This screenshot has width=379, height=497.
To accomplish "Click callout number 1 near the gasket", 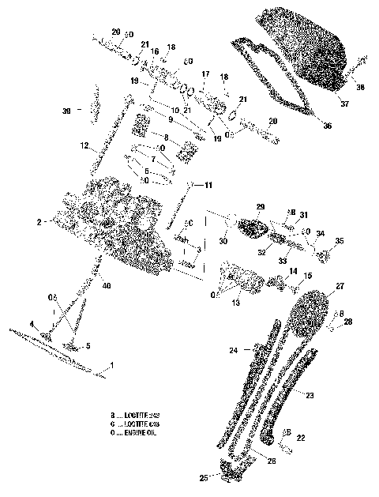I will [x=111, y=365].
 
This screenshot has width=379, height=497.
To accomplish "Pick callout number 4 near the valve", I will [x=32, y=324].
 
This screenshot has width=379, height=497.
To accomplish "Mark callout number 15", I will [x=307, y=274].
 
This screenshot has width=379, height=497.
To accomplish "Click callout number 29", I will [x=260, y=207].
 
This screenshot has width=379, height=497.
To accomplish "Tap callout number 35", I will [x=340, y=241].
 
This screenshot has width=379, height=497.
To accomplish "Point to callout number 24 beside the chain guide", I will [x=234, y=349].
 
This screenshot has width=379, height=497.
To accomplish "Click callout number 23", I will [x=310, y=395].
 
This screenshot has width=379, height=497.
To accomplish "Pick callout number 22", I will [x=301, y=437].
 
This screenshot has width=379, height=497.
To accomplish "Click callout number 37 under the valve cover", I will [x=343, y=103].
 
